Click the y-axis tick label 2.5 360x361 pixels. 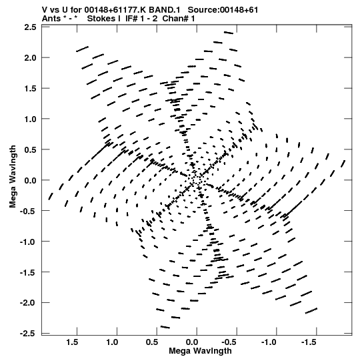point(30,27)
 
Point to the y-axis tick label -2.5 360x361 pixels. point(28,333)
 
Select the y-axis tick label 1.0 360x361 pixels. point(30,119)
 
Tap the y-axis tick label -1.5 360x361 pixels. point(28,272)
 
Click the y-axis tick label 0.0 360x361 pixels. point(30,180)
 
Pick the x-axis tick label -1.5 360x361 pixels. point(308,342)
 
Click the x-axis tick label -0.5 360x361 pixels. point(229,342)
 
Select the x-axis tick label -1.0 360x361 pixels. point(269,342)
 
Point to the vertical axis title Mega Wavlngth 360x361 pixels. point(13,177)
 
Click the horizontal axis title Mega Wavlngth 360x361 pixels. point(200,351)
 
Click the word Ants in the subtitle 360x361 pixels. point(51,19)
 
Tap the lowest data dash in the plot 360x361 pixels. point(165,327)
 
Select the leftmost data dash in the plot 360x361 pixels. point(51,196)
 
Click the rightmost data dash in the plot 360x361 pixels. point(343,163)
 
